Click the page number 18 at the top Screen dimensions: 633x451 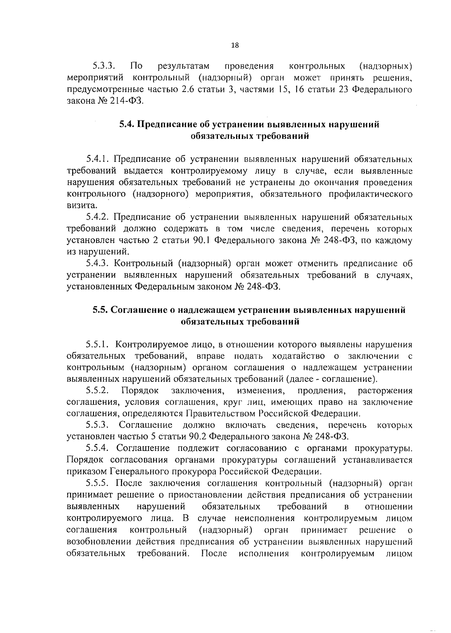[235, 45]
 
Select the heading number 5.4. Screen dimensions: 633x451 [127, 125]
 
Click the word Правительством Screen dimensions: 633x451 [220, 414]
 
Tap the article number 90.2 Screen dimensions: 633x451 [198, 437]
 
